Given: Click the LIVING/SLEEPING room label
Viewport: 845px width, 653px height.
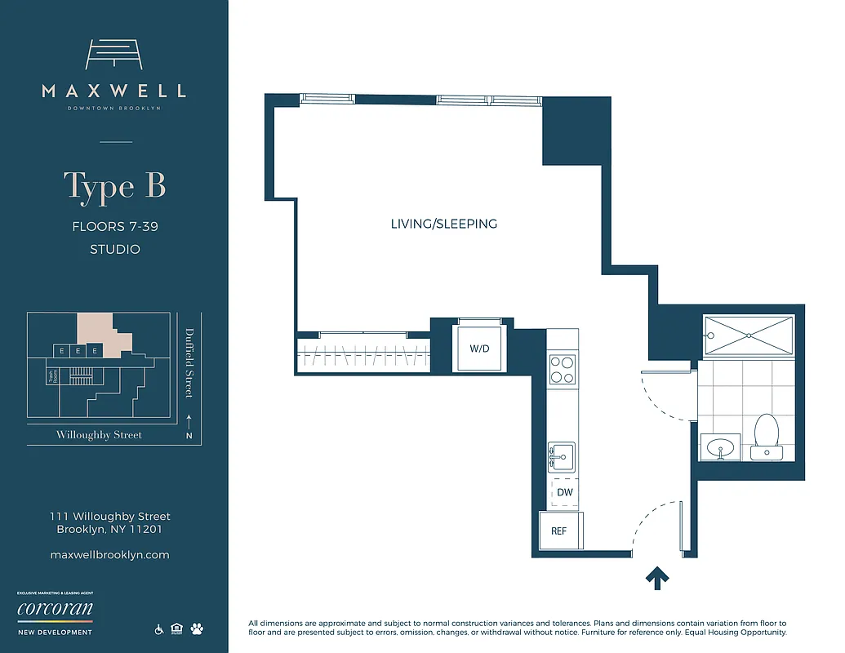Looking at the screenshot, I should coord(443,224).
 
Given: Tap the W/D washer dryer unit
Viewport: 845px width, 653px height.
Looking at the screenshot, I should coord(479,349).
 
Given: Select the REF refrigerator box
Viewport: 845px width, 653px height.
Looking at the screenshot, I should coord(559,531).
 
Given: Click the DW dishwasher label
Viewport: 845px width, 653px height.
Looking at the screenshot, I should coord(564,492).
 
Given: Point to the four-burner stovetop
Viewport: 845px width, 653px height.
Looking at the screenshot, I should coord(562,369).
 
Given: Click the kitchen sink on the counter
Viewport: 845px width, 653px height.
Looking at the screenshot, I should coord(561,455).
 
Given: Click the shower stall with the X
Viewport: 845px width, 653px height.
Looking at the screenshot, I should coord(749,335).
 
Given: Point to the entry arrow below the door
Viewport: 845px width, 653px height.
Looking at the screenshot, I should coord(657,578).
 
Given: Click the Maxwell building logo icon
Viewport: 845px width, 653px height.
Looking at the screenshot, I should coord(114,55).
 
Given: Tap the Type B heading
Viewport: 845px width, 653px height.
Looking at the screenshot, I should coord(114,186).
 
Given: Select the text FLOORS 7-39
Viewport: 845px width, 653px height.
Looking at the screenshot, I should coord(114,226).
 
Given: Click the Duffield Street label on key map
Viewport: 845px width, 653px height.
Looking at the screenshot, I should coord(189,362).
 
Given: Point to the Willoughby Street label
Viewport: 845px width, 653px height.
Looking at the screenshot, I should coord(99,435).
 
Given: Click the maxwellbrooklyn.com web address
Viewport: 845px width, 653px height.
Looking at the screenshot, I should coord(109,555).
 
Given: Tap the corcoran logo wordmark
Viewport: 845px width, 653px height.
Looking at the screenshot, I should coord(55,610).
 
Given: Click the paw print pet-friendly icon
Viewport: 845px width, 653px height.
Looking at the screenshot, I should coord(197,629).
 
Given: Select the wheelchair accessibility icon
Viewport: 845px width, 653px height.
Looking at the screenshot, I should coord(159,629).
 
